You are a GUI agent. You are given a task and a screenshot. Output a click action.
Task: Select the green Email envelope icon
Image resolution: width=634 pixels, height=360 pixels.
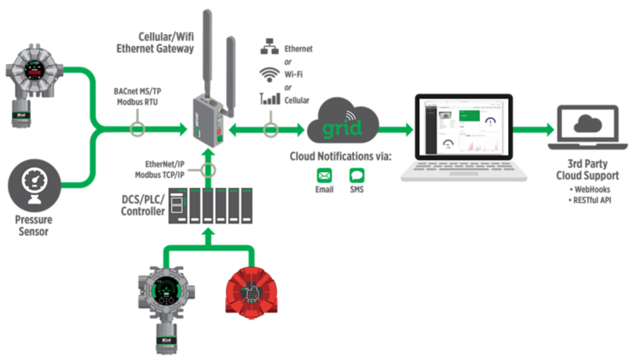pyautogui.click(x=323, y=174)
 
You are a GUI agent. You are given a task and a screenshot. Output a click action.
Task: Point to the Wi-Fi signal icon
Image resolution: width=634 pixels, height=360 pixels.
pyautogui.click(x=267, y=74)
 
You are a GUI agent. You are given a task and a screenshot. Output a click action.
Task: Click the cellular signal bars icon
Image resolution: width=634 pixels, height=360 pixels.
pyautogui.click(x=267, y=99)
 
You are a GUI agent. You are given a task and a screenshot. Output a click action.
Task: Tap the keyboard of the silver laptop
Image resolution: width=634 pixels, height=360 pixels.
pyautogui.click(x=464, y=170)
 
